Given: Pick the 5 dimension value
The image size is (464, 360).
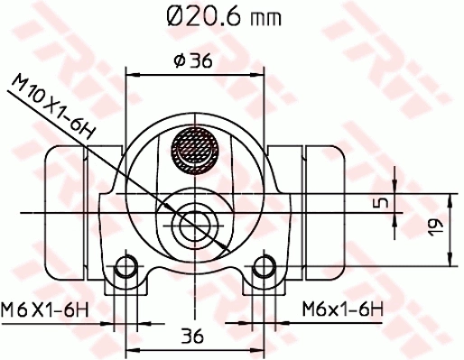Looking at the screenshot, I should point(382,202).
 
